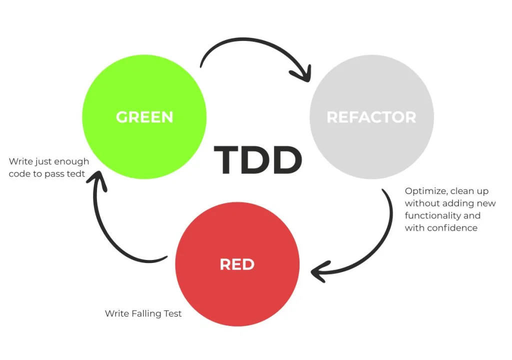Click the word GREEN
(x=144, y=117)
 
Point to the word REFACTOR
(x=371, y=117)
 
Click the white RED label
(x=237, y=264)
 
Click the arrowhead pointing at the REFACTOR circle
(x=302, y=75)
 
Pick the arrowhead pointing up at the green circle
(x=99, y=181)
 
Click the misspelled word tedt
(x=78, y=174)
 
